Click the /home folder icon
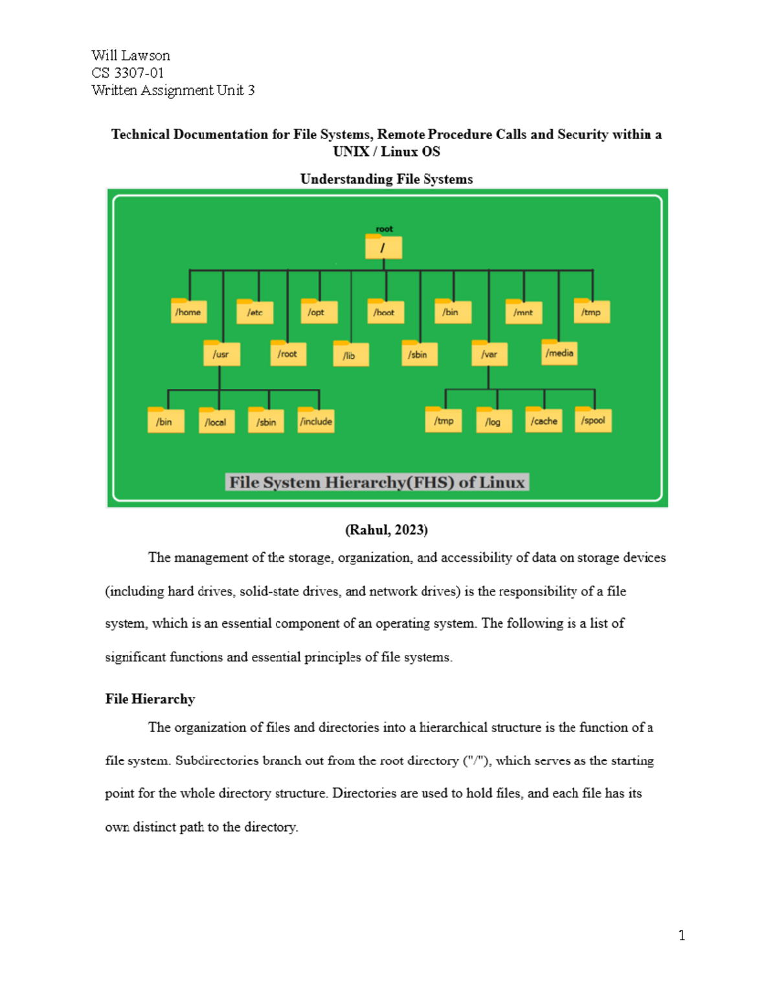click(189, 311)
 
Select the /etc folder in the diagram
click(255, 312)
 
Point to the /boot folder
click(385, 311)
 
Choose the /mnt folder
click(523, 312)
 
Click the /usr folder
click(221, 353)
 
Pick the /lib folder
click(351, 354)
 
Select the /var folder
click(490, 353)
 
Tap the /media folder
click(559, 353)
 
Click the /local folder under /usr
click(216, 421)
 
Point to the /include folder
click(316, 421)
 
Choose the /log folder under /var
click(493, 421)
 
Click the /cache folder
click(544, 420)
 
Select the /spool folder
click(593, 420)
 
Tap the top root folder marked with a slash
click(383, 247)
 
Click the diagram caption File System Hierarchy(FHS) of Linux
click(377, 482)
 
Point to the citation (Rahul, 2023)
click(387, 530)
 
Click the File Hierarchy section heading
click(150, 699)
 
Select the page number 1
click(682, 935)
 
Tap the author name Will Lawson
click(131, 56)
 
